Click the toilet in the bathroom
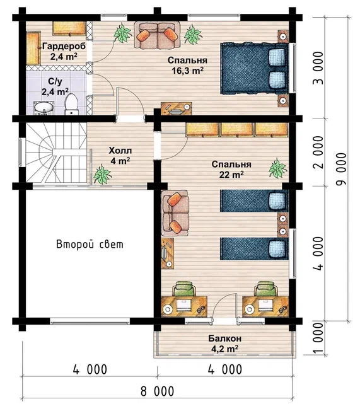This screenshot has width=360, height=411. [71, 105]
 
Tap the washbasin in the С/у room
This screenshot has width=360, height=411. [44, 108]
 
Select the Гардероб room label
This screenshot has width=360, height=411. [64, 47]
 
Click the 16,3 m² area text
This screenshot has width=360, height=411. [187, 71]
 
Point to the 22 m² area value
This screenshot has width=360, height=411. [231, 175]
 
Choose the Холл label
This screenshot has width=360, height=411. [120, 151]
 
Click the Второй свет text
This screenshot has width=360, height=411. [90, 245]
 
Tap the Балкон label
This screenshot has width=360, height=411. [224, 339]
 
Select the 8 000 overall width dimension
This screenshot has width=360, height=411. [157, 391]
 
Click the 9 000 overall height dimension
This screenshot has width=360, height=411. [341, 169]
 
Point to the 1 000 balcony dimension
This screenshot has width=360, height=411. [318, 338]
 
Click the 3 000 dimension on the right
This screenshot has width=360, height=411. [318, 68]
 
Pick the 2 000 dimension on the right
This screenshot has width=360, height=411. [318, 152]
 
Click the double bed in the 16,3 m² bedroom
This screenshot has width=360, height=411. [254, 69]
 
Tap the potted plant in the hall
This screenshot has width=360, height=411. [102, 175]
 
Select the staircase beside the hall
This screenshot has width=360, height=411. [56, 153]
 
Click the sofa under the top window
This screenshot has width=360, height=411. [157, 35]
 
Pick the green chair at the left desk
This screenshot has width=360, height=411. [184, 289]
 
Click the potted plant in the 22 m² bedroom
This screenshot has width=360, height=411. [277, 168]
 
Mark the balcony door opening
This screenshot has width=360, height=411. [224, 321]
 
